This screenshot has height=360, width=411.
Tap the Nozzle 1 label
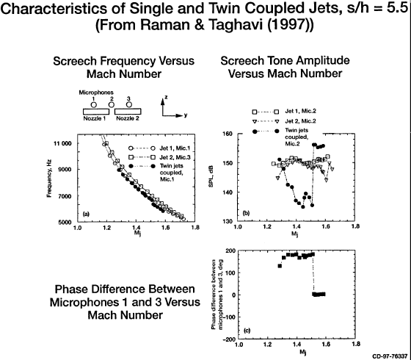pyautogui.click(x=95, y=118)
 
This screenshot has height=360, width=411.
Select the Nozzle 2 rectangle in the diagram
pyautogui.click(x=128, y=111)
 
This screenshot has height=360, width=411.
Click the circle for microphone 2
pyautogui.click(x=112, y=104)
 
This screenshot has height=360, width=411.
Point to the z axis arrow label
pyautogui.click(x=165, y=97)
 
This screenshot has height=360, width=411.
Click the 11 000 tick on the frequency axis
pyautogui.click(x=62, y=143)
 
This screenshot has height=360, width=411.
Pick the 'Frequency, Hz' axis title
pyautogui.click(x=50, y=178)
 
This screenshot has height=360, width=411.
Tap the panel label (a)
pyautogui.click(x=86, y=214)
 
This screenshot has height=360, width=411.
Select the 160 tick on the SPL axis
pyautogui.click(x=228, y=134)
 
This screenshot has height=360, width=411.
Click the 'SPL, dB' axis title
pyautogui.click(x=211, y=176)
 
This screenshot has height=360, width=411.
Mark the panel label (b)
pyautogui.click(x=247, y=213)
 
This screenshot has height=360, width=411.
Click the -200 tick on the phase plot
pyautogui.click(x=229, y=339)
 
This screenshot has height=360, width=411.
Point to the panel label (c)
pyautogui.click(x=247, y=331)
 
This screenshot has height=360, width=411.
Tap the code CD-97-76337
pyautogui.click(x=390, y=356)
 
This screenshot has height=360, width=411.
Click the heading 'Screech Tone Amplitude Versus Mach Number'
pyautogui.click(x=285, y=67)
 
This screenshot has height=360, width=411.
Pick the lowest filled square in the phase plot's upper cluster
pyautogui.click(x=280, y=266)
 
